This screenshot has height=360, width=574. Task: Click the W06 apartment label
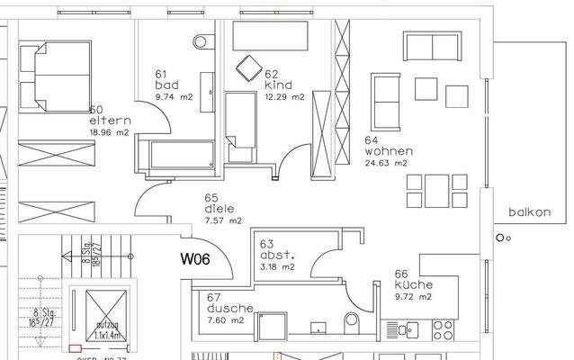pyautogui.click(x=196, y=261)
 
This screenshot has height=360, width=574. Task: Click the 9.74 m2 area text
pyautogui.click(x=175, y=96)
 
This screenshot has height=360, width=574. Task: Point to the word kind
pyautogui.click(x=274, y=85)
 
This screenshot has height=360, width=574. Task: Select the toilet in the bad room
pyautogui.click(x=202, y=40)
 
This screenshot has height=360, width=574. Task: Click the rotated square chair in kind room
pyautogui.click(x=247, y=66)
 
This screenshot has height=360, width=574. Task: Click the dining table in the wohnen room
pyautogui.click(x=437, y=189)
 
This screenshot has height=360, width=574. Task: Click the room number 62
pyautogui.click(x=273, y=75)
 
